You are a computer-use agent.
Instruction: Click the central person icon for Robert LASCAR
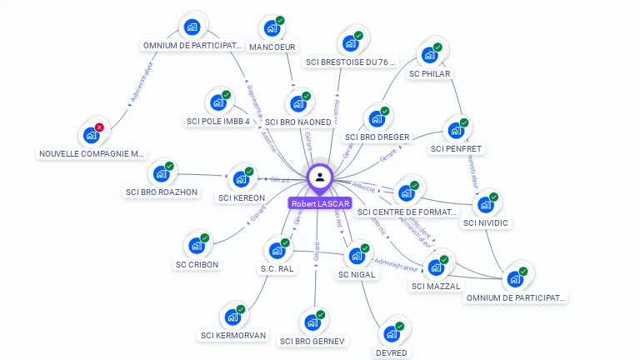pos(320,177)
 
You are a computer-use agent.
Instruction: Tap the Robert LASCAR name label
pos(320,203)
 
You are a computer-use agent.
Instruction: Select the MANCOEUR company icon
pos(272,28)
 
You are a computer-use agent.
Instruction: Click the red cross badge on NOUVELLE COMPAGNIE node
pos(99,127)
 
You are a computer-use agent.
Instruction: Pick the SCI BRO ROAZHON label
pos(162,192)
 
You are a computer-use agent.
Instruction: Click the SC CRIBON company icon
pos(197,246)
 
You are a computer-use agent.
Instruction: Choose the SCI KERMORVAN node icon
pos(232,317)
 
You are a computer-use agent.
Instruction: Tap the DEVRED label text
pos(392,352)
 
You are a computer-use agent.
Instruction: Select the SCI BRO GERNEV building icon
pos(312,322)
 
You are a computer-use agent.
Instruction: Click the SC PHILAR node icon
pos(429,55)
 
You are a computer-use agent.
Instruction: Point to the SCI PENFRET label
pos(456,149)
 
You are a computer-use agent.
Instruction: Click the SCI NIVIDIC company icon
pos(485,204)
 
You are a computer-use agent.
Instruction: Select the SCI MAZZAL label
pos(436,287)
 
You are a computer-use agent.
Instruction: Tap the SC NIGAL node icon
pos(357,256)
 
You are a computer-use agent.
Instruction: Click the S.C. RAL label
pos(277,268)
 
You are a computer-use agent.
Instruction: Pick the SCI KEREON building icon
pos(241,179)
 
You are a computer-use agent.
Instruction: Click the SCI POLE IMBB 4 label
pos(218,121)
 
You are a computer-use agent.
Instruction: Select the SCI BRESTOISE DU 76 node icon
pos(351,42)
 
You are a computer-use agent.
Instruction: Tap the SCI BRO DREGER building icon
pos(377,118)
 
